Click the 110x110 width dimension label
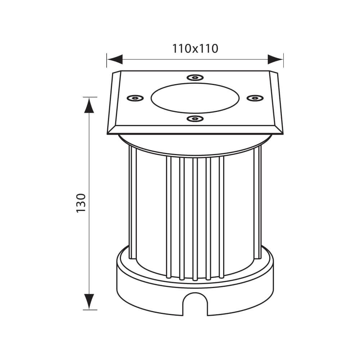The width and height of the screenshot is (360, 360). click(x=195, y=48)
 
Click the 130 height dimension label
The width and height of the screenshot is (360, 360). click(x=81, y=203)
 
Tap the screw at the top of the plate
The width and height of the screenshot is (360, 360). click(x=195, y=77)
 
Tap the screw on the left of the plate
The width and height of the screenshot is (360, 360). click(x=135, y=98)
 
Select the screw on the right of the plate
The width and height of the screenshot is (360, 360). click(x=255, y=98)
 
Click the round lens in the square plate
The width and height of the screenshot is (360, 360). click(x=195, y=98)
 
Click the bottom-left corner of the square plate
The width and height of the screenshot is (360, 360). click(x=108, y=134)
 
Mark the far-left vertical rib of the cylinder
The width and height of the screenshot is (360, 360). click(x=132, y=202)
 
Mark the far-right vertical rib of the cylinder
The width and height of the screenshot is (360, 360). click(x=257, y=202)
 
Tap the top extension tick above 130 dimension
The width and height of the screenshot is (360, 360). click(x=90, y=97)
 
